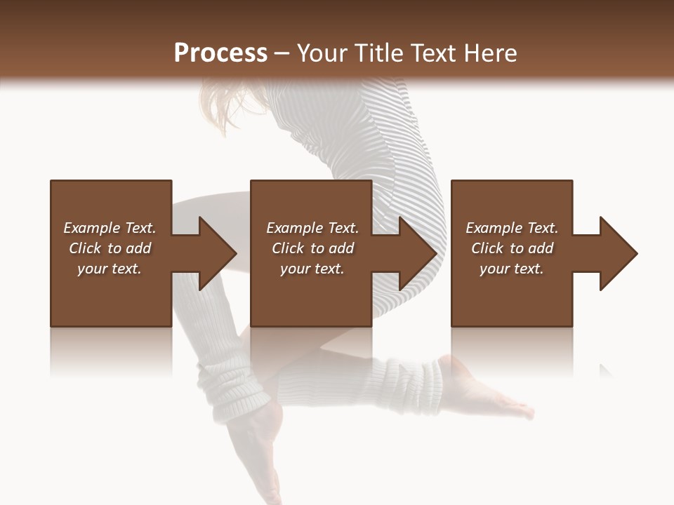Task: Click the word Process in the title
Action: coord(220,53)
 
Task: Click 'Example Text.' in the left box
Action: coord(110,228)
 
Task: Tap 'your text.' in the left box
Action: coord(110,269)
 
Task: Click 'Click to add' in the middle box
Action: coord(312,248)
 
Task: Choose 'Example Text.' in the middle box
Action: coord(312,228)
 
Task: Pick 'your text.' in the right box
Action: coord(512,269)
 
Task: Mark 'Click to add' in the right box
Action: coord(512,248)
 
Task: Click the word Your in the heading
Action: coord(322,53)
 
